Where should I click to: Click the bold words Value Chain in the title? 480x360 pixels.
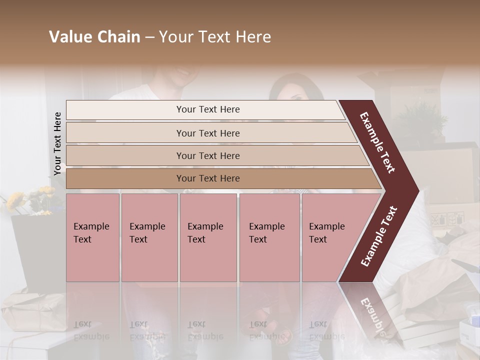pyautogui.click(x=94, y=37)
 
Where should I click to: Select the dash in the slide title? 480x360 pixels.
pyautogui.click(x=149, y=37)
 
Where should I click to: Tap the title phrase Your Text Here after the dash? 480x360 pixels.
pyautogui.click(x=214, y=37)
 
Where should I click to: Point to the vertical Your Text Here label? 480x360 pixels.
pyautogui.click(x=57, y=143)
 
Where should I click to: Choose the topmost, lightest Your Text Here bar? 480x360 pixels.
pyautogui.click(x=207, y=109)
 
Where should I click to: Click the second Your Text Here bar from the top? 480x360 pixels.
pyautogui.click(x=207, y=133)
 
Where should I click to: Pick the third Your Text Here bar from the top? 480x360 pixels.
pyautogui.click(x=207, y=155)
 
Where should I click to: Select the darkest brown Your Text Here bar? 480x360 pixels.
pyautogui.click(x=207, y=178)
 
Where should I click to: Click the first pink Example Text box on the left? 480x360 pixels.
pyautogui.click(x=92, y=237)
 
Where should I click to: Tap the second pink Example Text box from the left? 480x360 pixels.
pyautogui.click(x=149, y=237)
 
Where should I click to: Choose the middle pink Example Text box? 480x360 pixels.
pyautogui.click(x=208, y=237)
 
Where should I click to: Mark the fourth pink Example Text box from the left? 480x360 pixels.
pyautogui.click(x=269, y=237)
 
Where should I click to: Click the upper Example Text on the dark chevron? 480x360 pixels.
pyautogui.click(x=378, y=142)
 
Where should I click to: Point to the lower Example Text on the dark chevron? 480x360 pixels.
pyautogui.click(x=379, y=236)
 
